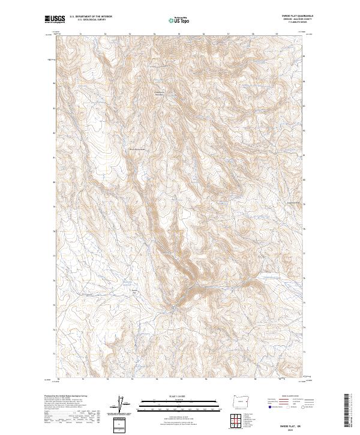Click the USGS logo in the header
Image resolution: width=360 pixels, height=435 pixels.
[x=56, y=19]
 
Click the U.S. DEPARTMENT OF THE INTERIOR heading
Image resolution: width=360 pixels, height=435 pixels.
[x=91, y=16]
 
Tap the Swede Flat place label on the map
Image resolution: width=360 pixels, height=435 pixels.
[x=135, y=292]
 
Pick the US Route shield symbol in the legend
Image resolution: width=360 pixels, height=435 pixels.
[x=289, y=407]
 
